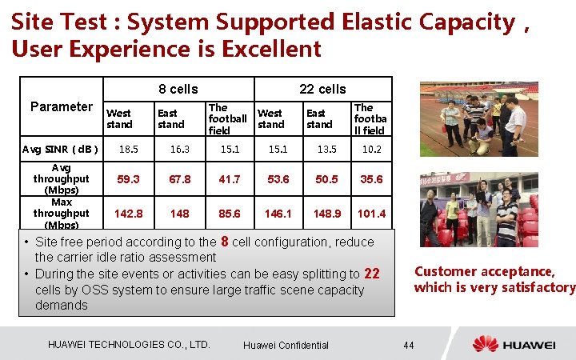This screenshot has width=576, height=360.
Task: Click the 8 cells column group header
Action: point(178,89)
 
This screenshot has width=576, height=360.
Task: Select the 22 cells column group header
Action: point(322,89)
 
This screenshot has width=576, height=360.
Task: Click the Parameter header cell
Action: point(62,107)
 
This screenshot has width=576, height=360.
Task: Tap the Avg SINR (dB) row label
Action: point(61,149)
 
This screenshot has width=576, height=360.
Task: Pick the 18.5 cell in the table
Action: point(129,149)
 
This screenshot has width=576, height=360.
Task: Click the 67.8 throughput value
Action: point(180,179)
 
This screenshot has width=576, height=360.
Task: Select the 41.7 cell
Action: point(230,179)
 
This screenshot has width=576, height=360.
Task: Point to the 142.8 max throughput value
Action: point(129,214)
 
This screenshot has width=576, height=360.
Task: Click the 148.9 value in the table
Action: point(328,214)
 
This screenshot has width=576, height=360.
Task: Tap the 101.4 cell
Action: point(371,214)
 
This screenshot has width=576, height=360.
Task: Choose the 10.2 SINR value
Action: point(371,149)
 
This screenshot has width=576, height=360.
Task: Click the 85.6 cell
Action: point(230,214)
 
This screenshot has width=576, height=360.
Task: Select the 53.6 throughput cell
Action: point(278,179)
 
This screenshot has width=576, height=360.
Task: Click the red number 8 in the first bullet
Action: point(226,241)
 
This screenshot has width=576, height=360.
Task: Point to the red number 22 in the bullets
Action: point(371,274)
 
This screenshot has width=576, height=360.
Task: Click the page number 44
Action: point(408,345)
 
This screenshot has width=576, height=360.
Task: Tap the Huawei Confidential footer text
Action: point(286,345)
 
